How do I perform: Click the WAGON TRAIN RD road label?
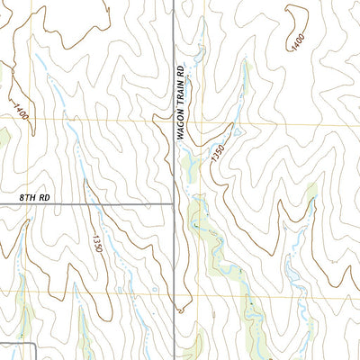coord(181,100)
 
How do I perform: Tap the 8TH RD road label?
coord(33,195)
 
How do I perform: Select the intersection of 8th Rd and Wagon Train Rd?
coord(173,203)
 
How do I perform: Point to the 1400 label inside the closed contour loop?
coord(297,41)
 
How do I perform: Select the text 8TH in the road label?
coord(26,195)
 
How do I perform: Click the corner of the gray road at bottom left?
coord(34,343)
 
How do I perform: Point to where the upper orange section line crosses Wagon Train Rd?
coord(173,120)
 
